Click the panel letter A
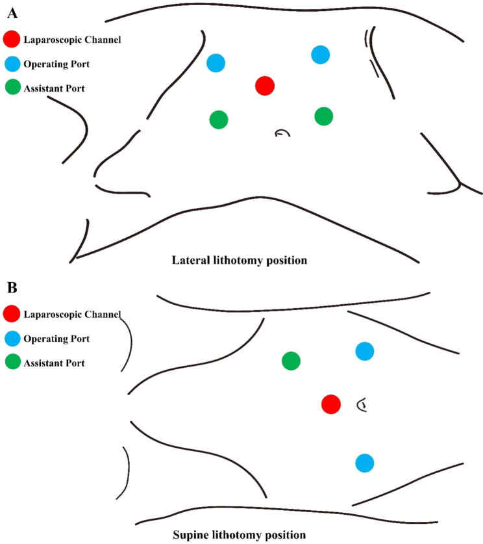tap(11, 10)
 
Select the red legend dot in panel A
tap(12, 40)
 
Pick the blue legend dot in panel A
tap(12, 64)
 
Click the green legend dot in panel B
tap(12, 362)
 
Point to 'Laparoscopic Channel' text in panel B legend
tap(72, 315)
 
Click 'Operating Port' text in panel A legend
tap(56, 64)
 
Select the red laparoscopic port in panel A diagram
tap(264, 85)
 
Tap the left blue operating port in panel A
tap(216, 63)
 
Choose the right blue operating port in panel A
tap(320, 55)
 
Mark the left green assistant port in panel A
tap(219, 120)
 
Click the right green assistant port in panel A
tap(323, 116)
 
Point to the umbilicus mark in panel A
tap(281, 133)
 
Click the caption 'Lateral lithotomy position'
tap(239, 261)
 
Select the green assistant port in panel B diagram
tap(291, 361)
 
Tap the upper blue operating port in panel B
tap(364, 351)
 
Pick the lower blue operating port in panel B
tap(364, 463)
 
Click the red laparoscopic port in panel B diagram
tap(331, 404)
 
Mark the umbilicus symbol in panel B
tap(362, 406)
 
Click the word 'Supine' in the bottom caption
tap(191, 536)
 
